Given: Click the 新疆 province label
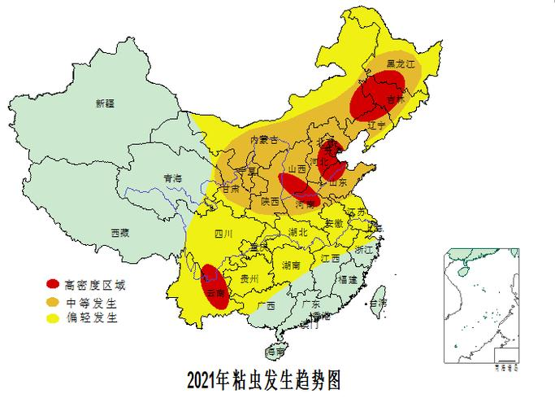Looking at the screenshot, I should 105,103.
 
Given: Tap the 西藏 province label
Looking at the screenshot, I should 120,232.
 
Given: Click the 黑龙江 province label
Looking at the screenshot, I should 400,63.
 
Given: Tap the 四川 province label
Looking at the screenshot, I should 223,234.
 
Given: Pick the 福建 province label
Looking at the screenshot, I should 347,278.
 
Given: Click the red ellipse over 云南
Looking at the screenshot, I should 214,286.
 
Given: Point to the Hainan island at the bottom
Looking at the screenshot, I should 276,352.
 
